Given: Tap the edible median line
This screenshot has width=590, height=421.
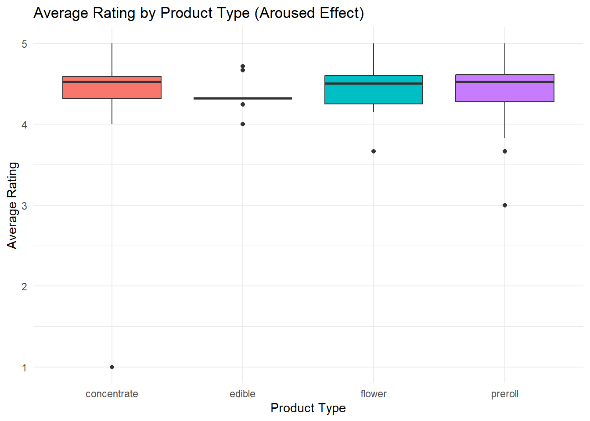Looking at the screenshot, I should tap(243, 98).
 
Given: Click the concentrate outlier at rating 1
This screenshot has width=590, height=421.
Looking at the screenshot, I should tap(112, 367).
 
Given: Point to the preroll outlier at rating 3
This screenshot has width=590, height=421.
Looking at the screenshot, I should tap(505, 205).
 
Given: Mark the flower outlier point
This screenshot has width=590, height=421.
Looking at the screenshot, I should tap(374, 151).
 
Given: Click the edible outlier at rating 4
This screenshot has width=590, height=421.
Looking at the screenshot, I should tap(243, 124).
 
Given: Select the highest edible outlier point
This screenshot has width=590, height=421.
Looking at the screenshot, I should tap(243, 66).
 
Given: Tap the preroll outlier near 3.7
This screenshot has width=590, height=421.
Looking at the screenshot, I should tap(505, 151).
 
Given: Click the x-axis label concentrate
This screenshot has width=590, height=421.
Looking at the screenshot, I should tap(112, 394).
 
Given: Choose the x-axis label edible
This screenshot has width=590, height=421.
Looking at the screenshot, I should tap(242, 394).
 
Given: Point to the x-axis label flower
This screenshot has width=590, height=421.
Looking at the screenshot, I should tap(374, 394).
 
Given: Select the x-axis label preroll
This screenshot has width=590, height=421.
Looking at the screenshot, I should tap(505, 394).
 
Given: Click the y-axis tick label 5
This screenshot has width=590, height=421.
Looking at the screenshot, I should tap(25, 44).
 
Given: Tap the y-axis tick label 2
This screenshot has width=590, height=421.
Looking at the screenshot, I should tap(25, 286).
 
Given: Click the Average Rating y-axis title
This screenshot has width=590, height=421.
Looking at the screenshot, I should tap(12, 205).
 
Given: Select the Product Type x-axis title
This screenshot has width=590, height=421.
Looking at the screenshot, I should tap(308, 408).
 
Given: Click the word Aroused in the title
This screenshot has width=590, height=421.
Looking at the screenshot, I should tap(288, 13).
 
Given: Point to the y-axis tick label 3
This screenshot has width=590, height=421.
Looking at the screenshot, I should tap(25, 206).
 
